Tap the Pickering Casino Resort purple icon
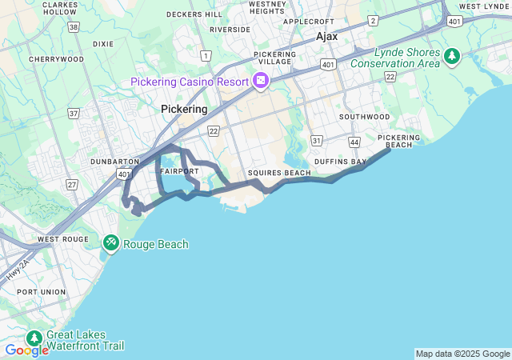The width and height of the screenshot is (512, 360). click(260, 80)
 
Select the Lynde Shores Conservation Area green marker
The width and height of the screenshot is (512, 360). click(453, 56)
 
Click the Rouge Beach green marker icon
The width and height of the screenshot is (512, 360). click(111, 242)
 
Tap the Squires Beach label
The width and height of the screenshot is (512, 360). click(279, 173)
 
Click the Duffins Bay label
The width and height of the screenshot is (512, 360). click(340, 162)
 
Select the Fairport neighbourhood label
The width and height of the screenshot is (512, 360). click(179, 172)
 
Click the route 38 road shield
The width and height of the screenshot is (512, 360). click(74, 26)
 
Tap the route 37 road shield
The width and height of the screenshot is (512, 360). click(74, 114)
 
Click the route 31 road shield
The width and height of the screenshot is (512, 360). click(317, 141)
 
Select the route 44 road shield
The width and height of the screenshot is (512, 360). click(354, 142)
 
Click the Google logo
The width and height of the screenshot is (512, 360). click(26, 350)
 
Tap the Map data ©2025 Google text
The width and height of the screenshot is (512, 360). click(462, 354)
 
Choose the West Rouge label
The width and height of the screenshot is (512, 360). click(62, 239)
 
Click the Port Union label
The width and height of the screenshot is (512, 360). click(41, 292)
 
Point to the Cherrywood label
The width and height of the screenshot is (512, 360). click(55, 59)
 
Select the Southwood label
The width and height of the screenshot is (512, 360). click(364, 117)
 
